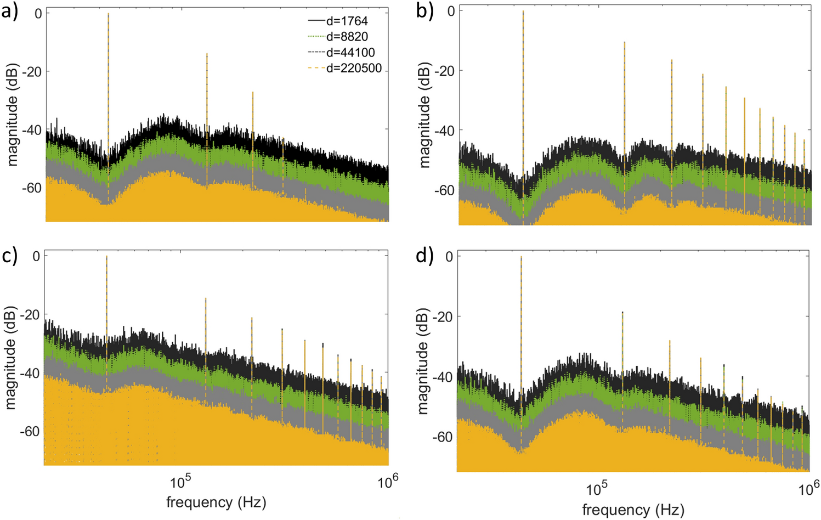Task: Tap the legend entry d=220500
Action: click(x=354, y=69)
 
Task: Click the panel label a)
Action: click(x=10, y=11)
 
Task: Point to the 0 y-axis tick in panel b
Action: click(x=451, y=11)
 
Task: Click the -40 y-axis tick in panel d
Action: click(x=443, y=377)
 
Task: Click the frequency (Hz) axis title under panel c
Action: click(x=216, y=502)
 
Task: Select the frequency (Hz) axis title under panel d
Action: click(x=633, y=510)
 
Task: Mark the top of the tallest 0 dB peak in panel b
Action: click(x=523, y=11)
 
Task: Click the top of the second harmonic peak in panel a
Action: click(x=207, y=54)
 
